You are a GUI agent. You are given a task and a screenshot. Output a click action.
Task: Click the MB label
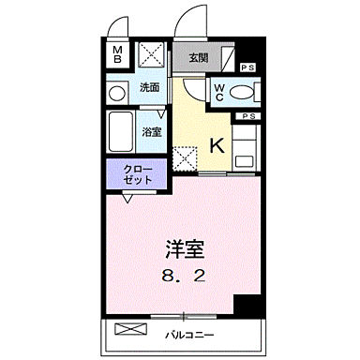point(119,54)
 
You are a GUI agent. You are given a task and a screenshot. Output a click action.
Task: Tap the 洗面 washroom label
point(149,87)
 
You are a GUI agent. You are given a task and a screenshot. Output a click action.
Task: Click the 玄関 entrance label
point(198,58)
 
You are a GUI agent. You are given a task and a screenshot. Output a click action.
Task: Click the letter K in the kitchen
point(215,145)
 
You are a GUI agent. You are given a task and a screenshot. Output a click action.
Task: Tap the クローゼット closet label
point(137,173)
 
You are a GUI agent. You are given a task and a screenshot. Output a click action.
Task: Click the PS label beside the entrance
point(247,67)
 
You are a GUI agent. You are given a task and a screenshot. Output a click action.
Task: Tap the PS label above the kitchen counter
point(247,115)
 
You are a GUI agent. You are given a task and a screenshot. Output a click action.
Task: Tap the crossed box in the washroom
point(151,54)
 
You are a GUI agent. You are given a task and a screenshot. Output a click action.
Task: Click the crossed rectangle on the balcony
point(131,330)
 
